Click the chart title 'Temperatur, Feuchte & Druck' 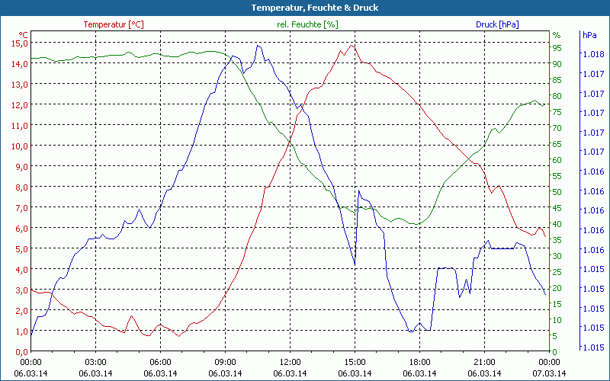(x=305, y=8)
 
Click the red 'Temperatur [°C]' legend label (x=113, y=24)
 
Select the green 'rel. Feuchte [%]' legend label (x=307, y=24)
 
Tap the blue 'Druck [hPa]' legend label (x=497, y=24)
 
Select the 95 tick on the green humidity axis (x=557, y=47)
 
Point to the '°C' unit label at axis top (x=24, y=35)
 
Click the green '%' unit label (x=557, y=35)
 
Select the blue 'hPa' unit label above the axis (x=589, y=35)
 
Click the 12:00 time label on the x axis (x=290, y=362)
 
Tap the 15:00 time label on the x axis (x=355, y=362)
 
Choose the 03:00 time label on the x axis (x=95, y=362)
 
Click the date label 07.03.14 (x=549, y=373)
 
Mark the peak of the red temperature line (x=352, y=45)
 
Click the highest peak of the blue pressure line (x=258, y=46)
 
